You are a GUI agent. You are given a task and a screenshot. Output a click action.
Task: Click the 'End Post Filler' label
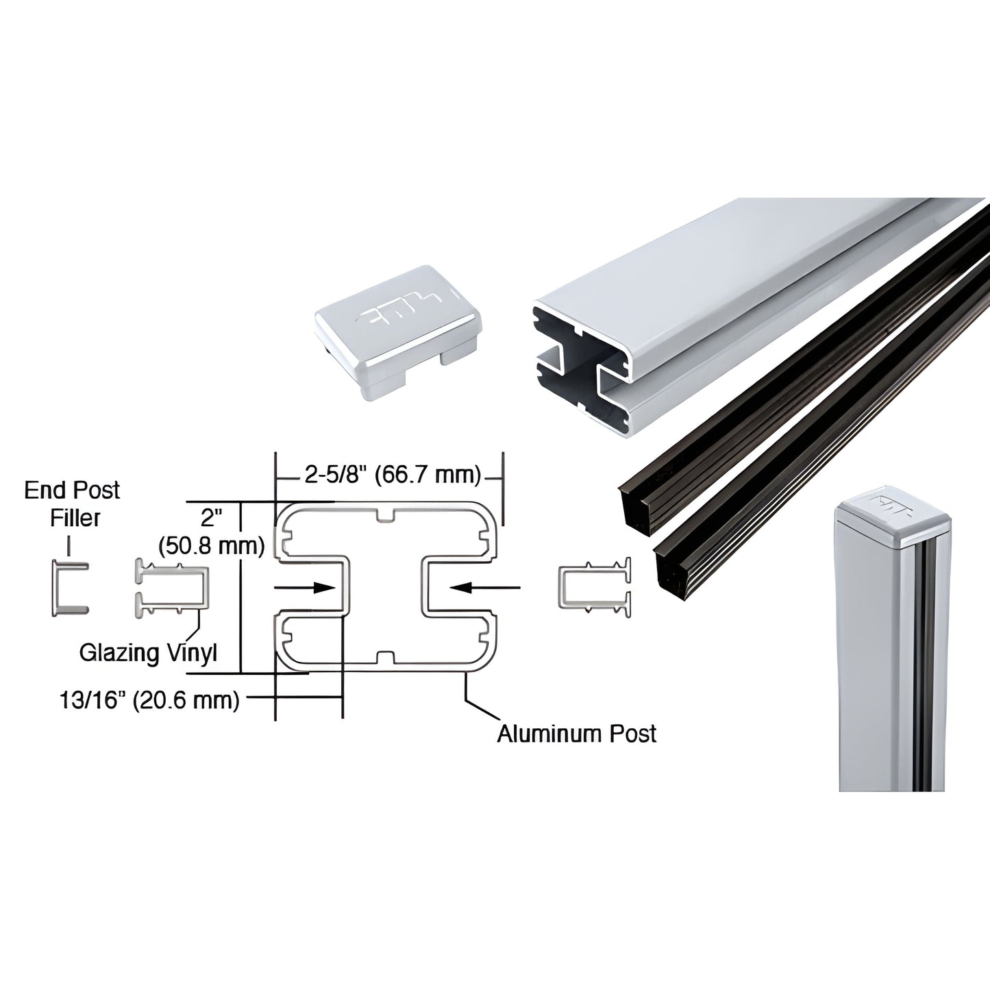pos(71,504)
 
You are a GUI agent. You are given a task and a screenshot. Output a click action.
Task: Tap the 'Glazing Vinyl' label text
pos(148,652)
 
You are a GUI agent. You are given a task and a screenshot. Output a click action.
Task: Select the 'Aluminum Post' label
pos(576,733)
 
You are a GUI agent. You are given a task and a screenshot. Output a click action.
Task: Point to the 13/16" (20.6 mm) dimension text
pos(149,700)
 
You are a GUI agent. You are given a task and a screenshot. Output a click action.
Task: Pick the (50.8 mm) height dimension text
pos(211,545)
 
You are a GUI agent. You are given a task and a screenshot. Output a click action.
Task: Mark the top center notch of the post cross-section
pos(386,515)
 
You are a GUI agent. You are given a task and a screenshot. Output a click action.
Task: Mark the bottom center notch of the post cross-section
pos(386,658)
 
